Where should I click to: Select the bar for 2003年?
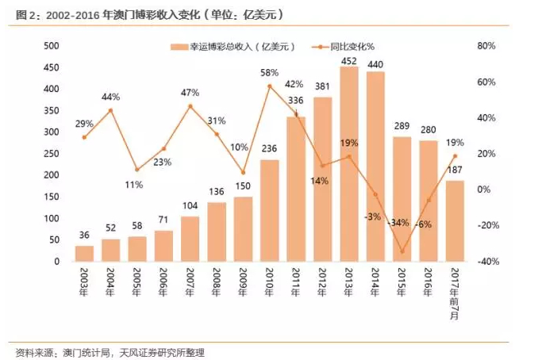(84, 253)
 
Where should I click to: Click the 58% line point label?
(269, 73)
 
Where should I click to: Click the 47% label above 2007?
(190, 93)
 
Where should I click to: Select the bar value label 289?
(402, 126)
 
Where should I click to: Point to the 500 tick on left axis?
(51, 46)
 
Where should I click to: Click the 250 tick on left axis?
(51, 154)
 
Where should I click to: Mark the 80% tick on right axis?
(486, 46)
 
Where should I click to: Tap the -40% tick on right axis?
(486, 262)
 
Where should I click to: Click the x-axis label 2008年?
(217, 281)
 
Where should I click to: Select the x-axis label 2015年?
(402, 281)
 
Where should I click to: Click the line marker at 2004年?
(110, 110)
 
